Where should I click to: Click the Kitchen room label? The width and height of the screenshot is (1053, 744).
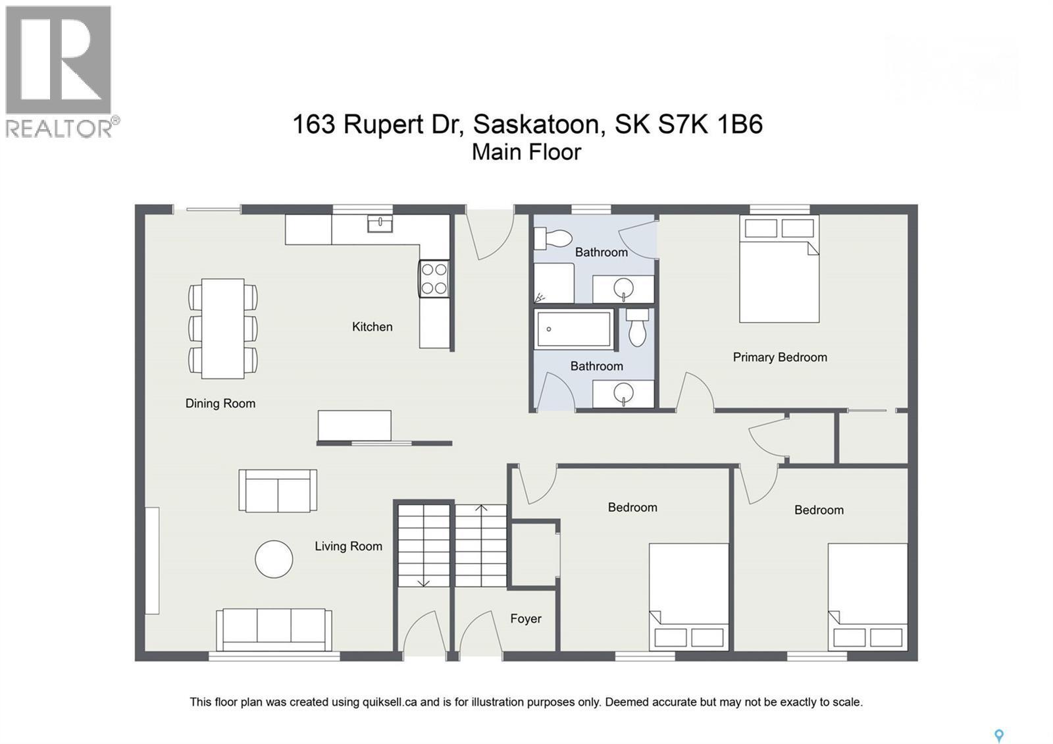[372, 327]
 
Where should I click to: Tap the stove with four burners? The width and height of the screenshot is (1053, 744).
[434, 279]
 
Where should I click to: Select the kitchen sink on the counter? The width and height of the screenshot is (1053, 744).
[380, 224]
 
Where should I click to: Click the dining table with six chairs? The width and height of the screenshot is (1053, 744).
[222, 329]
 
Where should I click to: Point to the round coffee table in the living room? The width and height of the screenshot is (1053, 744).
[274, 559]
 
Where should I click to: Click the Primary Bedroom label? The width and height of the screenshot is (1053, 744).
[780, 357]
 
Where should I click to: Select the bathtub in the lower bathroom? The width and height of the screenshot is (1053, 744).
[574, 329]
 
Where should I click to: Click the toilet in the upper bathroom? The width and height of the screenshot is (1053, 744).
[552, 238]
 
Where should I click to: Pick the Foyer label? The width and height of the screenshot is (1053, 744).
[526, 618]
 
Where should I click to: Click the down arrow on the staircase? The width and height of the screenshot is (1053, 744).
[423, 582]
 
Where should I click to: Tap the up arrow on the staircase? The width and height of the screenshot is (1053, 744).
[481, 508]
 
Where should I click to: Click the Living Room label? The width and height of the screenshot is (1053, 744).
[348, 546]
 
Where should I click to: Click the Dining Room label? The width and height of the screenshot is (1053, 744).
[220, 404]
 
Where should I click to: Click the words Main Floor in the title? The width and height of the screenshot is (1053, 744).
[526, 152]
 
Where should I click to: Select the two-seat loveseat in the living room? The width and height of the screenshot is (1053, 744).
[278, 491]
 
